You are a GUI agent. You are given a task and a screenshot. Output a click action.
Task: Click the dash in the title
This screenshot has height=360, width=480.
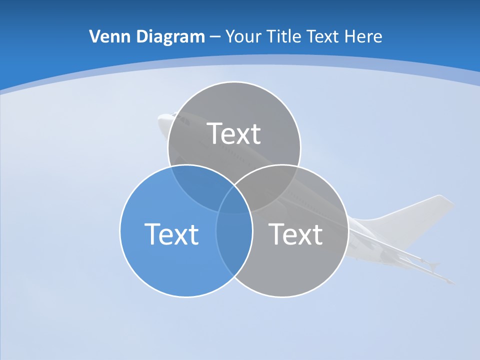coord(215,37)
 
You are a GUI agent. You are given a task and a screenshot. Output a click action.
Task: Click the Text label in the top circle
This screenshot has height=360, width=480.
coord(234,133)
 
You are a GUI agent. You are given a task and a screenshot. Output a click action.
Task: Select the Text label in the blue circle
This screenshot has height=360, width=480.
coord(171,233)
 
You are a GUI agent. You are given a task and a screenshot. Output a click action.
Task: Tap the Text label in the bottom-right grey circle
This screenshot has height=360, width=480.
coord(295,233)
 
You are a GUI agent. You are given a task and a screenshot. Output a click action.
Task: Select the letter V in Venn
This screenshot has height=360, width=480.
coord(94,36)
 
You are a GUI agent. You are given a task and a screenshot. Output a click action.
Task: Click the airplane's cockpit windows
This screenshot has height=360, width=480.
coord(182,120)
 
